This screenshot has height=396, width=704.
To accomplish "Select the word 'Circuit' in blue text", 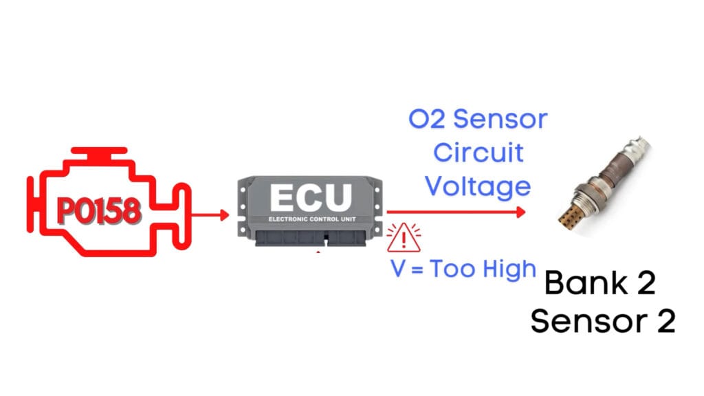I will [x=478, y=153].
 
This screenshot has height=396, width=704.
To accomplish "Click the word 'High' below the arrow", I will [x=511, y=269].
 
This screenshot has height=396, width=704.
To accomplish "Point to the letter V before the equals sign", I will [x=398, y=269].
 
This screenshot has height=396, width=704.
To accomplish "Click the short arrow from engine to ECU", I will [x=210, y=215].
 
